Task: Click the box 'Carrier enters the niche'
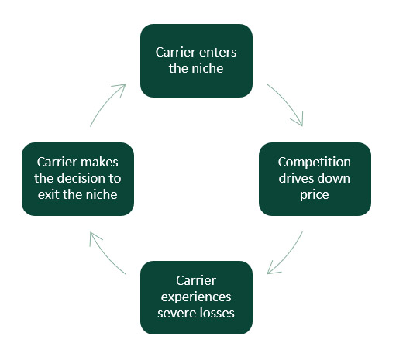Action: (x=196, y=60)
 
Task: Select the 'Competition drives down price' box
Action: (x=315, y=179)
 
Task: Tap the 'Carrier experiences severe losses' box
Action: (x=196, y=297)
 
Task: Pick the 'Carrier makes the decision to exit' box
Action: (x=77, y=179)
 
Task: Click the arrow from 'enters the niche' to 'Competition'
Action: (x=288, y=102)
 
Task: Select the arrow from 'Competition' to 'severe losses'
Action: (x=288, y=255)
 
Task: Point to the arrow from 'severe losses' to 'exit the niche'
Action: (x=105, y=255)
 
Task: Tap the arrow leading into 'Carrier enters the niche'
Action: (x=105, y=103)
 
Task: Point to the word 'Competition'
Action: (x=315, y=163)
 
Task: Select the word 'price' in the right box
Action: (x=315, y=195)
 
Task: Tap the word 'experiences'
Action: (x=196, y=297)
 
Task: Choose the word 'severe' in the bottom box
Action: (x=174, y=314)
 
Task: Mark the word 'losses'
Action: (x=215, y=313)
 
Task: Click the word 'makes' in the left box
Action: (x=99, y=163)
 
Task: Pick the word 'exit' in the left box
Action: (x=49, y=194)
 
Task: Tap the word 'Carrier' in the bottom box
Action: (x=196, y=281)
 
